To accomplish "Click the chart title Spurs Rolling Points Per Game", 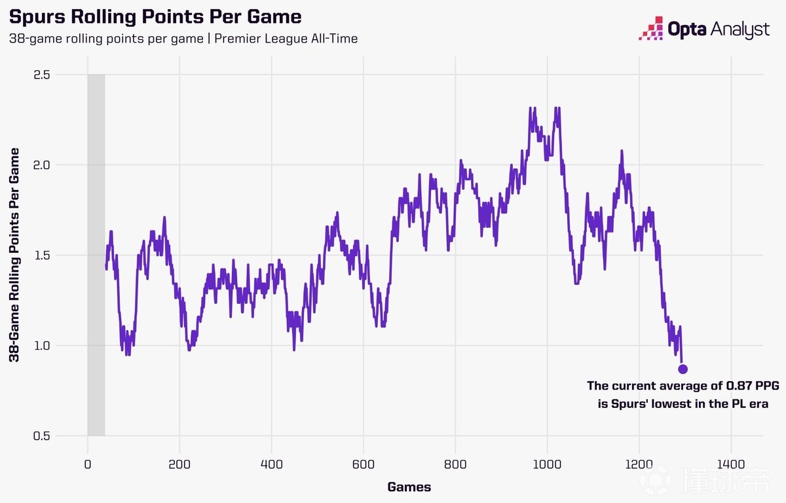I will pyautogui.click(x=155, y=16).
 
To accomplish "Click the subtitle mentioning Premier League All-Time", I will pyautogui.click(x=183, y=39).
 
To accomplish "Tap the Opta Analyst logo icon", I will pyautogui.click(x=652, y=28).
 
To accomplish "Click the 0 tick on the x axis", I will pyautogui.click(x=88, y=464).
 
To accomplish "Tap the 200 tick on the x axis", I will pyautogui.click(x=179, y=464).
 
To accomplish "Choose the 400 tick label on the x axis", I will pyautogui.click(x=271, y=464).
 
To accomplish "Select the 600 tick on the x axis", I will pyautogui.click(x=364, y=464).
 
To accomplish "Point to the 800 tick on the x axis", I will pyautogui.click(x=455, y=464).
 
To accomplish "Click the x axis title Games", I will pyautogui.click(x=409, y=487).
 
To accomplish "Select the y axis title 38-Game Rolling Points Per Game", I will pyautogui.click(x=14, y=255).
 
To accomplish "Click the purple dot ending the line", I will pyautogui.click(x=683, y=369).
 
